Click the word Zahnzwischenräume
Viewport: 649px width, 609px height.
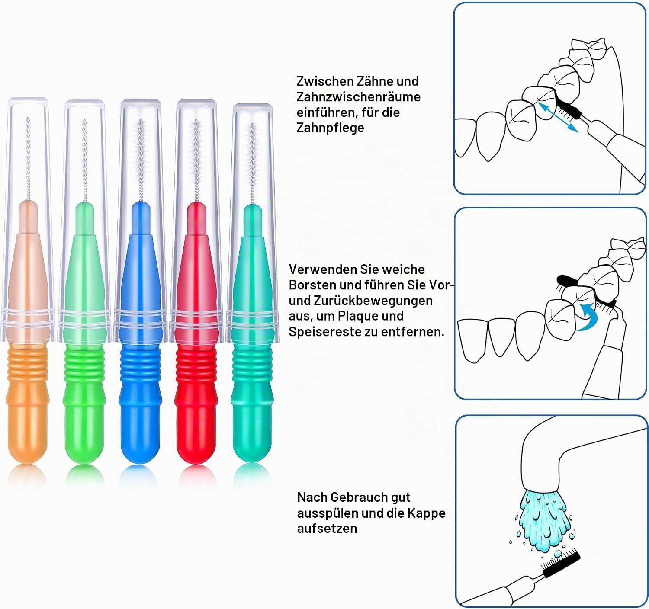359,97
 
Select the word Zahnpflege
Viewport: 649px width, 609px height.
330,128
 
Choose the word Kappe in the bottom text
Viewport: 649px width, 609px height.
427,513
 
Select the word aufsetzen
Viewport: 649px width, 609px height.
327,528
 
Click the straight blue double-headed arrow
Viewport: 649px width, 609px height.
558,117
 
